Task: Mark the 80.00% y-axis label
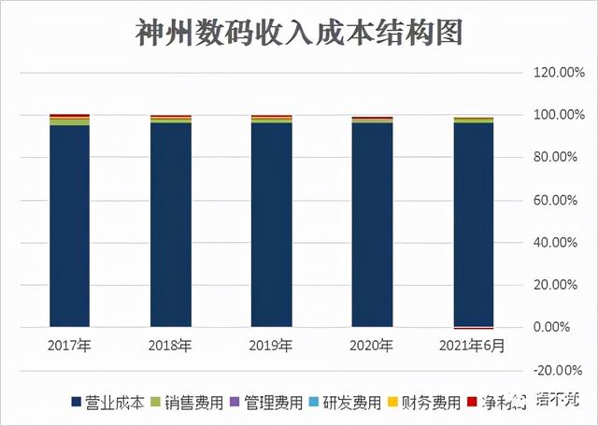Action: [x=551, y=158]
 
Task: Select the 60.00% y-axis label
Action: [x=551, y=200]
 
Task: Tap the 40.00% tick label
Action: [x=551, y=243]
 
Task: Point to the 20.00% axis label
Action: [x=551, y=285]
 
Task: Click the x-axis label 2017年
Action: [x=69, y=346]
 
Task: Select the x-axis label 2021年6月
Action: [x=473, y=346]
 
